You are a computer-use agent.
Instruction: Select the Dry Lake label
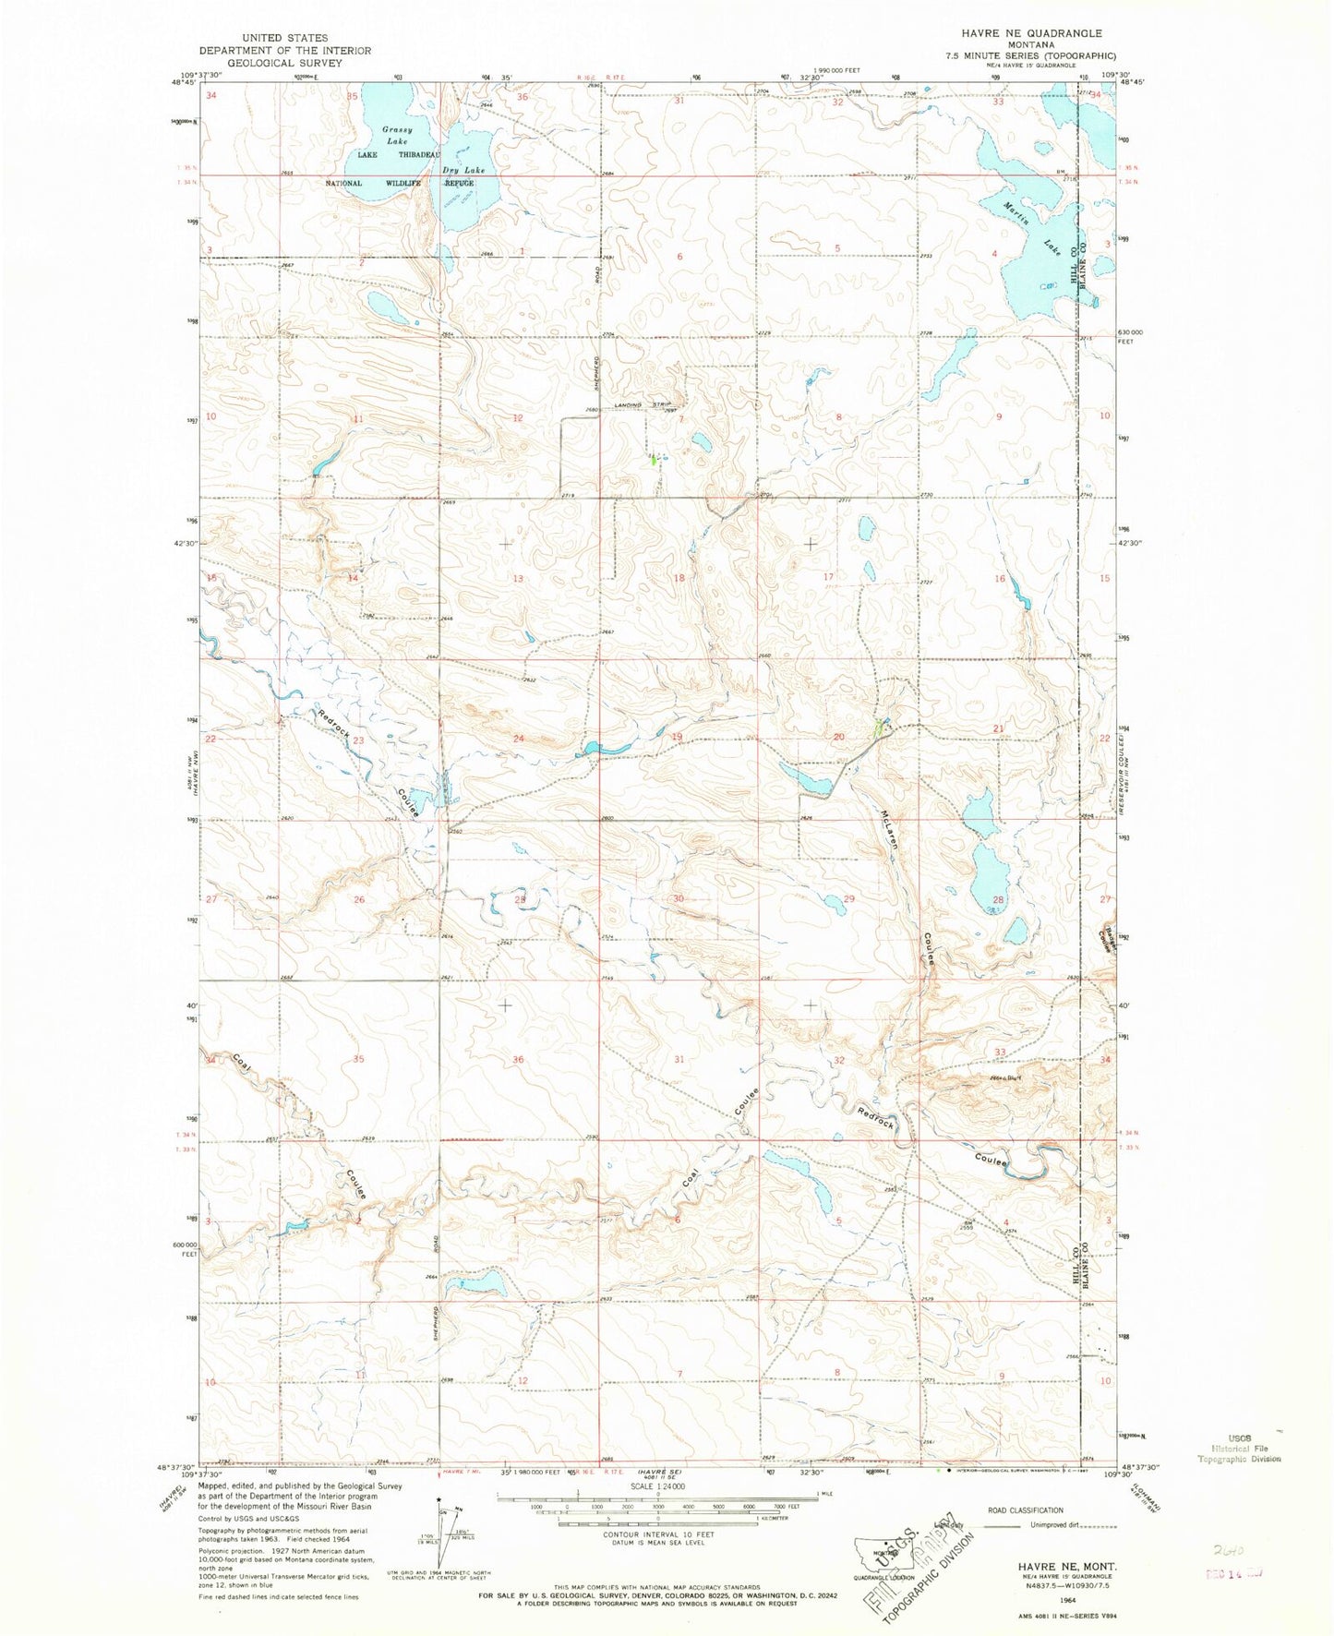click(x=463, y=170)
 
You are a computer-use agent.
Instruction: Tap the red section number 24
click(x=518, y=738)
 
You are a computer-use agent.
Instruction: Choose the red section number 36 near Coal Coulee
click(x=518, y=1059)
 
